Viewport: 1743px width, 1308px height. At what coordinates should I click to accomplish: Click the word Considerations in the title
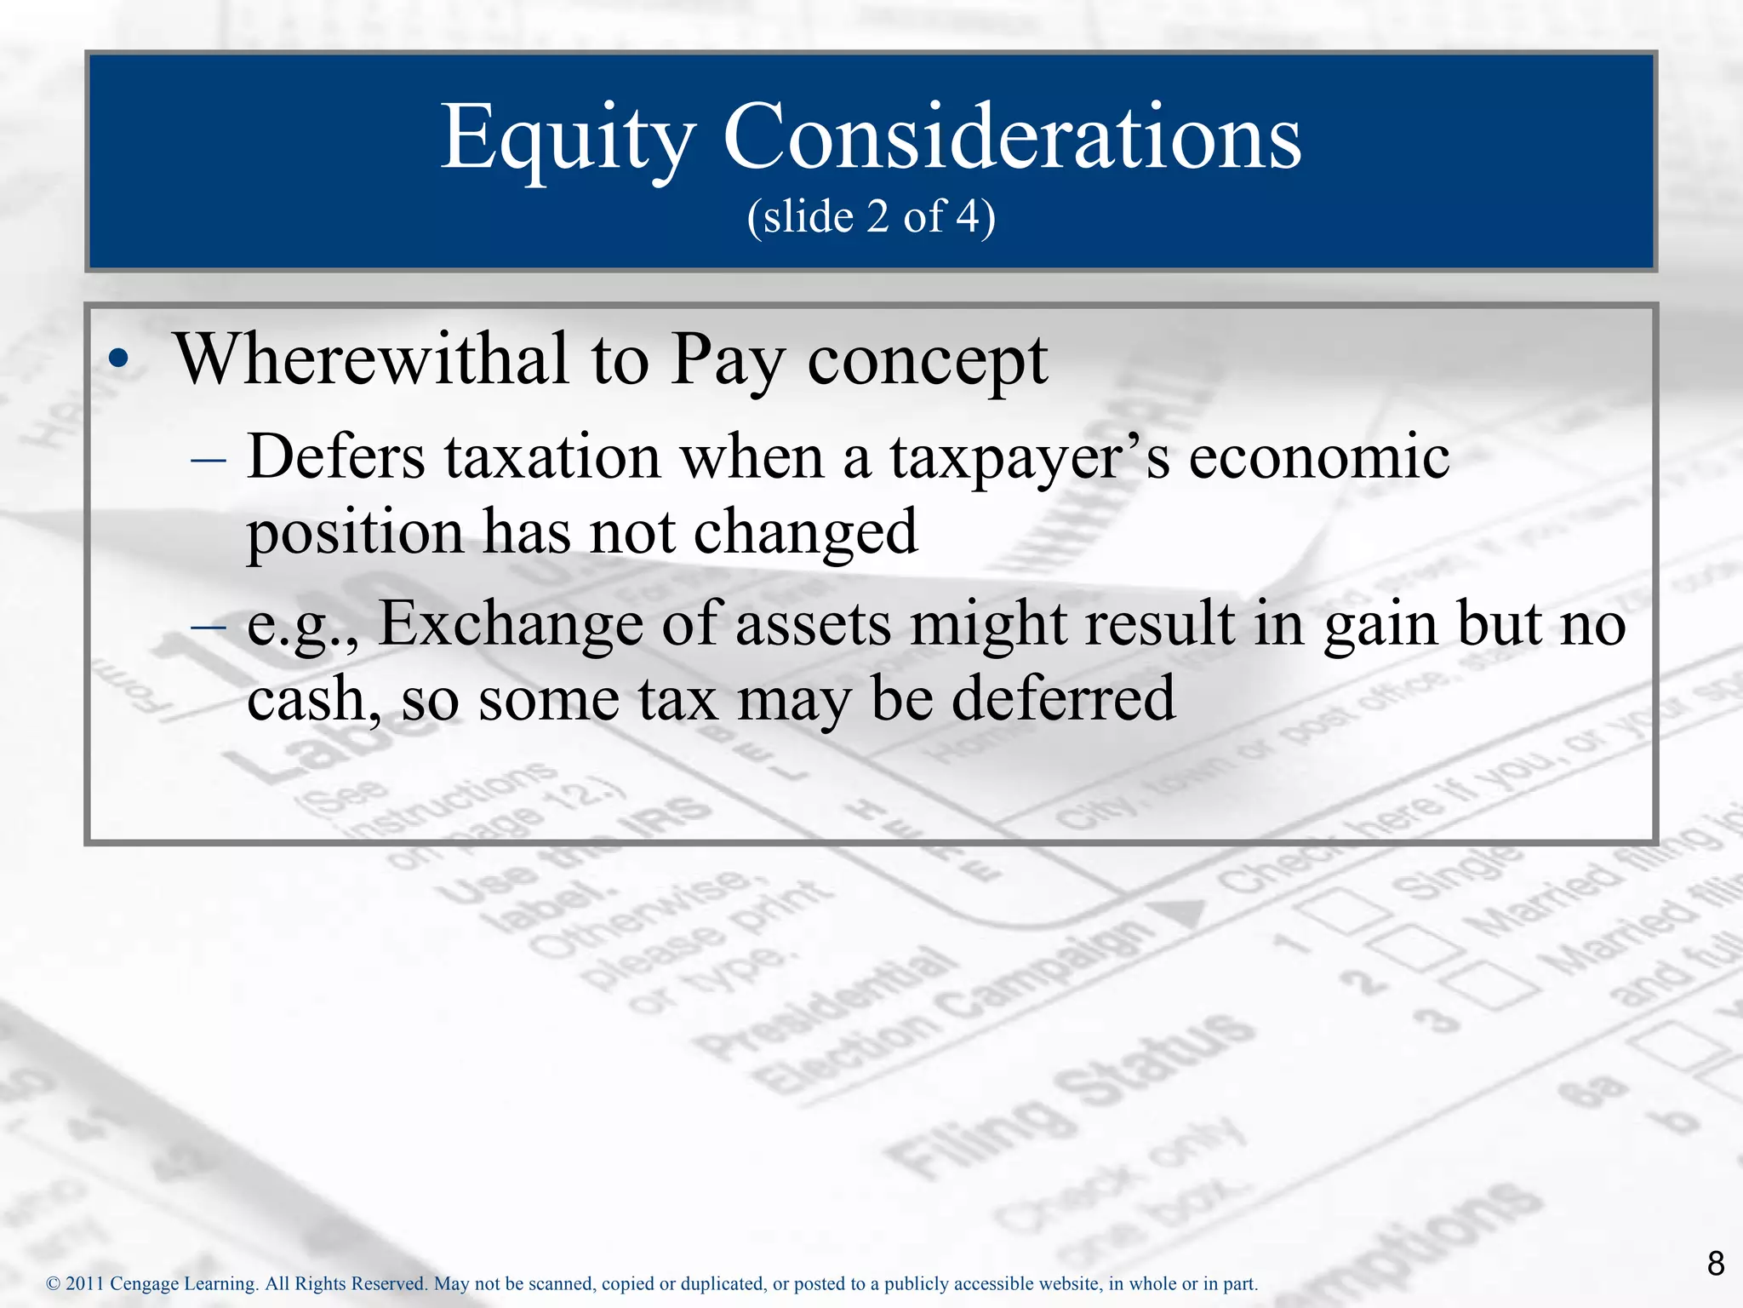point(1012,138)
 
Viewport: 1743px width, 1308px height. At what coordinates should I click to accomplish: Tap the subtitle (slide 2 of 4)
point(871,216)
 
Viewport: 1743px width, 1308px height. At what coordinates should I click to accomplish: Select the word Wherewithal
point(371,359)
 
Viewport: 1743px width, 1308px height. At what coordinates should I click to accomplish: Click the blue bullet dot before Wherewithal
point(120,359)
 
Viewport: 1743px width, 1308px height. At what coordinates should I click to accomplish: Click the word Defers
point(335,456)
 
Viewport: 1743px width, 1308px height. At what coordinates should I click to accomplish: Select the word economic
point(1318,456)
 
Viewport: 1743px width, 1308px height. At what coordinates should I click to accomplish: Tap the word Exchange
point(510,623)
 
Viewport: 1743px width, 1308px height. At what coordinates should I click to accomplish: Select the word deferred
point(1063,698)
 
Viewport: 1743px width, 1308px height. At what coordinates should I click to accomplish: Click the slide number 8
point(1716,1263)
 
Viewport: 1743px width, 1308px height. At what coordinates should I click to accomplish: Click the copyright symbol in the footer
point(53,1284)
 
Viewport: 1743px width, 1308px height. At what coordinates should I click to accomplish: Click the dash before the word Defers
point(209,461)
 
